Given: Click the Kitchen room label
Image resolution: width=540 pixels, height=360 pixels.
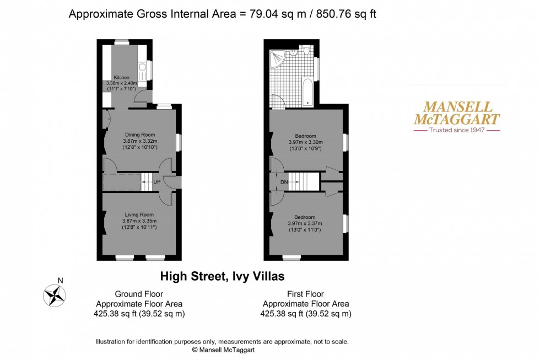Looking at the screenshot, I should (121, 77).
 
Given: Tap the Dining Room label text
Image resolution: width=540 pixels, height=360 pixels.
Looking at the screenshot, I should (139, 135).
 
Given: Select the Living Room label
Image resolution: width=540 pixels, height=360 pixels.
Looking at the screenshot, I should (139, 214).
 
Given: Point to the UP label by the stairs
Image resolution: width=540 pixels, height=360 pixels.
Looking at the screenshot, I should (157, 181).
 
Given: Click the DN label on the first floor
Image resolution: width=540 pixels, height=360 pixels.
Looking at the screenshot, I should (284, 181).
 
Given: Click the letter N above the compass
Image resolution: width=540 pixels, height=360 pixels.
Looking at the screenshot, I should (60, 280).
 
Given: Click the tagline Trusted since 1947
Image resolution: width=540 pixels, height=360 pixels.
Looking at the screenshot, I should (457, 130).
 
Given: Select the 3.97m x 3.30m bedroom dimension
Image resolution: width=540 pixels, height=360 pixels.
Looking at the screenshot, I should (305, 142).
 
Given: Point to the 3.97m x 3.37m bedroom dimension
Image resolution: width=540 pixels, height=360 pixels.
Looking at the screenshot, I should (305, 223).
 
